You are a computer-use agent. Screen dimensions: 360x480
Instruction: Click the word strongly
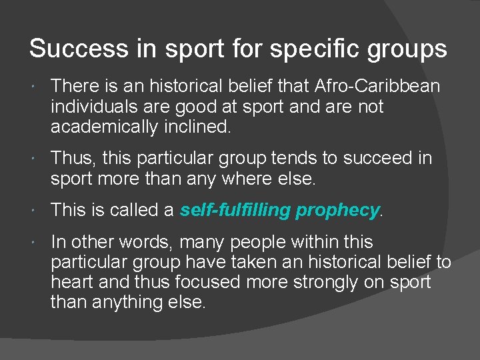(x=321, y=283)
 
